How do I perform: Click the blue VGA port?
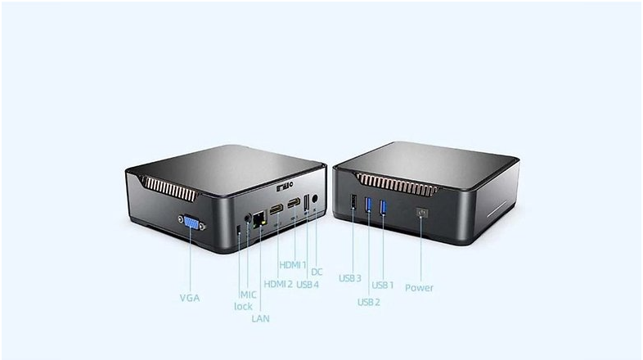[191, 223]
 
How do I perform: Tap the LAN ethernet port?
[259, 220]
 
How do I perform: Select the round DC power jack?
[315, 199]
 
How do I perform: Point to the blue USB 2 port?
[368, 205]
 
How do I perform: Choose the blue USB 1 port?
[383, 208]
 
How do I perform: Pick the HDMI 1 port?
[294, 203]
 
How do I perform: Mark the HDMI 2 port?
[277, 209]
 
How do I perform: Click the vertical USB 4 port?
[306, 204]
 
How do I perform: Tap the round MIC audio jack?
[247, 218]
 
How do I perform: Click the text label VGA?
[190, 298]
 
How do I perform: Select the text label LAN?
[260, 318]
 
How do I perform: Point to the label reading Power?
[419, 288]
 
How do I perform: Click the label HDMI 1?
[293, 265]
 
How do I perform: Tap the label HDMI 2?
[278, 284]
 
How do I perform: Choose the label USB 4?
[308, 284]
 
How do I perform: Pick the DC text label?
[317, 272]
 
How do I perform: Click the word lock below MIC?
[243, 306]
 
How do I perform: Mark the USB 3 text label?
[350, 278]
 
